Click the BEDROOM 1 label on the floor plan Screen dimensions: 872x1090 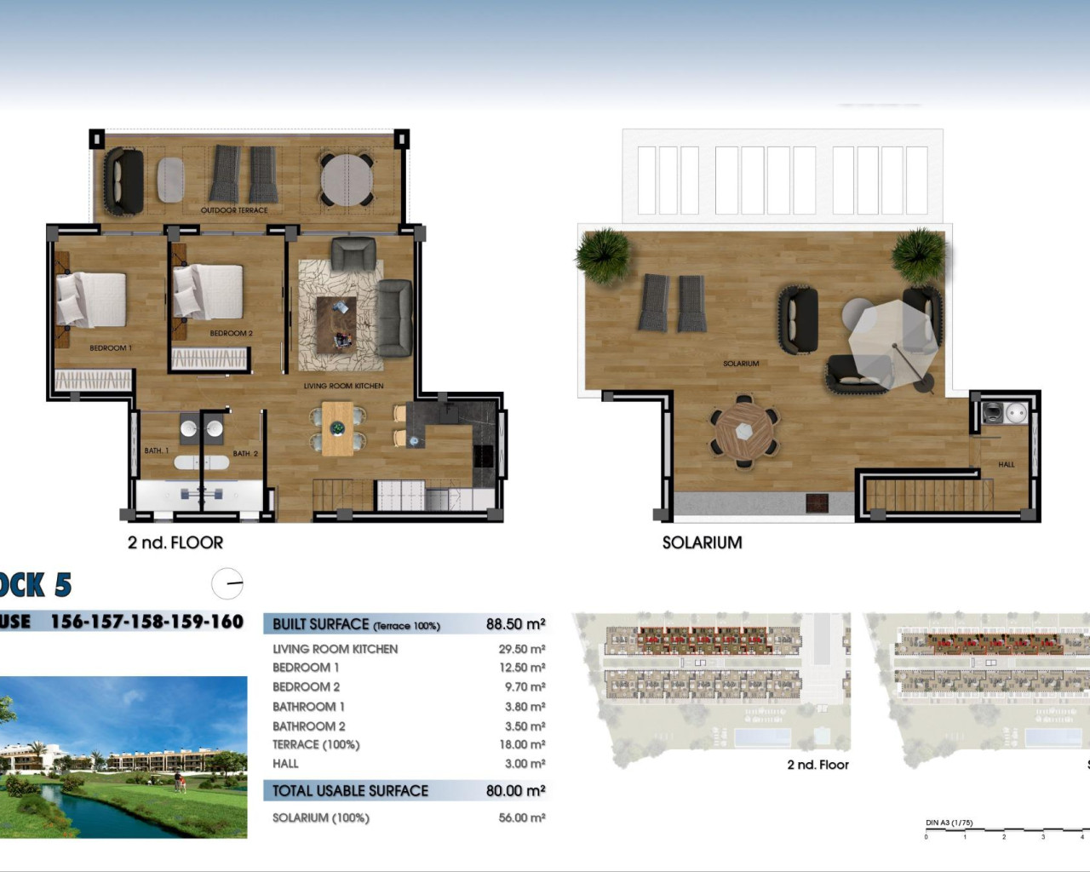(111, 348)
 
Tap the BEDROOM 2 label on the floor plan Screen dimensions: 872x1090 (231, 334)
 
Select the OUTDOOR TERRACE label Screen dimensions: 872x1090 (234, 210)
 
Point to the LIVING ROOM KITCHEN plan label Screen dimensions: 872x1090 (343, 386)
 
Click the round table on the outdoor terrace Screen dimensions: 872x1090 (347, 179)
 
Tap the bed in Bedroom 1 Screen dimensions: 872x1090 (91, 299)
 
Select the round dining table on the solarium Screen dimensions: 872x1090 (744, 431)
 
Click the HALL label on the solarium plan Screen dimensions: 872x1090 (1006, 465)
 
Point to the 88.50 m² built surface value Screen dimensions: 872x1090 (515, 624)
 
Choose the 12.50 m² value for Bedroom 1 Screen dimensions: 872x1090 (522, 668)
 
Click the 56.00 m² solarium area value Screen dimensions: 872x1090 (522, 817)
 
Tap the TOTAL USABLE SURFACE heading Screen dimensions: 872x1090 (350, 791)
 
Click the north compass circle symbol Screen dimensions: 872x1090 (227, 584)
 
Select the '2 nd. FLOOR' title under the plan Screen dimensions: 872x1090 (175, 542)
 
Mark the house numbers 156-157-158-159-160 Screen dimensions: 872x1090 (147, 622)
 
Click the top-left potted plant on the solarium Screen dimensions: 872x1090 (604, 253)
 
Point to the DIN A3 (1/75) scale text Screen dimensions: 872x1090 (949, 823)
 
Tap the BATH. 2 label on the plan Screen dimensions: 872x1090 (245, 454)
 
